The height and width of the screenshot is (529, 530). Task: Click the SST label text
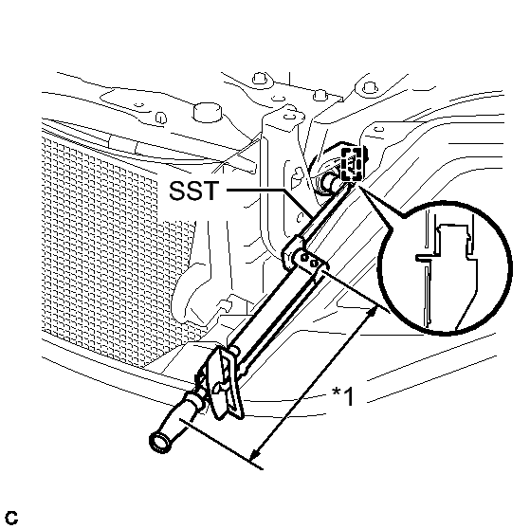(x=193, y=191)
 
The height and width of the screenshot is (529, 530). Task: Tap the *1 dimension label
(x=342, y=396)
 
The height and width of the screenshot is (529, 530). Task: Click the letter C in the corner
(x=11, y=518)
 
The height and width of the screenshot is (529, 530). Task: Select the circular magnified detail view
(x=445, y=268)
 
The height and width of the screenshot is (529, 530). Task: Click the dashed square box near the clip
(x=352, y=164)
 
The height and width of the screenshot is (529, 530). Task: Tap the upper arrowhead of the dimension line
(x=374, y=310)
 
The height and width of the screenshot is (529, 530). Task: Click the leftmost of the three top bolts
(x=260, y=79)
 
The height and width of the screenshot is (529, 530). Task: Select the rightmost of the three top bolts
(x=370, y=87)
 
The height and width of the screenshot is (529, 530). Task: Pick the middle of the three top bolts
(x=320, y=95)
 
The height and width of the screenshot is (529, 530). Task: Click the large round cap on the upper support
(x=208, y=112)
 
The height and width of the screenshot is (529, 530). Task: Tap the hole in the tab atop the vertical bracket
(x=288, y=116)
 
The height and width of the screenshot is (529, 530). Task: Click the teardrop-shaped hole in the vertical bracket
(x=297, y=174)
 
